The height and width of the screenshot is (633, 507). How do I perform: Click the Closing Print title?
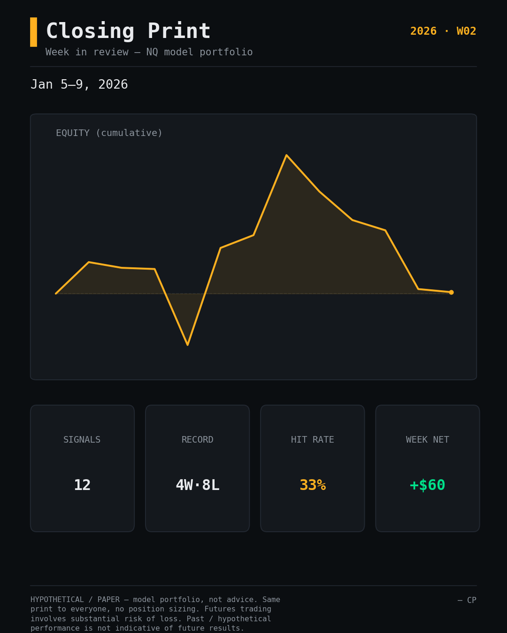click(x=128, y=31)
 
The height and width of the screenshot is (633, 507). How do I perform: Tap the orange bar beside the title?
click(x=34, y=32)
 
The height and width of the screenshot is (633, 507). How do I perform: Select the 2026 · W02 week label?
click(x=443, y=31)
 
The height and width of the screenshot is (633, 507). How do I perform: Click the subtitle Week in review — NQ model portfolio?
click(x=149, y=52)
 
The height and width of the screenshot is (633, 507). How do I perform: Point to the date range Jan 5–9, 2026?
click(x=79, y=84)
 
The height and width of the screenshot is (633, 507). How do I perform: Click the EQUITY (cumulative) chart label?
click(x=109, y=133)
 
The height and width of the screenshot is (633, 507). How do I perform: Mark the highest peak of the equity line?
click(x=286, y=155)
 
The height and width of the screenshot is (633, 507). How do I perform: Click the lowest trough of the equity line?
click(x=187, y=345)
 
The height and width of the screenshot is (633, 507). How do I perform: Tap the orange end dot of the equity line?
click(x=452, y=292)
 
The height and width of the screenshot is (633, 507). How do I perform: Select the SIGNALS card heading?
click(x=82, y=439)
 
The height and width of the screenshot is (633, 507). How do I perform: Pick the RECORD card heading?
click(x=198, y=439)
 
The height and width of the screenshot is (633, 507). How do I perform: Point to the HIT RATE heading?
click(x=313, y=439)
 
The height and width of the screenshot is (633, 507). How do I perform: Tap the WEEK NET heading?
click(x=427, y=439)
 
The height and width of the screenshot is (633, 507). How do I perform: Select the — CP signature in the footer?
click(x=467, y=600)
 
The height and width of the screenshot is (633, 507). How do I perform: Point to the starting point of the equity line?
click(x=56, y=294)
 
